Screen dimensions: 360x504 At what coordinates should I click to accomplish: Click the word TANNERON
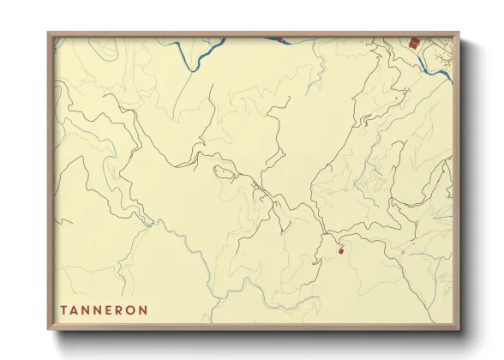point(104,309)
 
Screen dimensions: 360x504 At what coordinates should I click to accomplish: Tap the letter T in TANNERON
point(63,309)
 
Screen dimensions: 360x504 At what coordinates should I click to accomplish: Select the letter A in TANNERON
point(75,309)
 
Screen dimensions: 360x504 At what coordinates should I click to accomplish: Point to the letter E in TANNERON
point(110,309)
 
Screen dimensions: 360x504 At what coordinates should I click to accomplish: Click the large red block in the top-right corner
point(414,42)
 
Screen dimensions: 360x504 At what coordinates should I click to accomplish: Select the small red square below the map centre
point(340,250)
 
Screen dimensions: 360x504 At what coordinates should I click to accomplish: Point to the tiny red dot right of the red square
point(402,251)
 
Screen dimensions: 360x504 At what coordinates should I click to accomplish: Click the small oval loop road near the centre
point(225,172)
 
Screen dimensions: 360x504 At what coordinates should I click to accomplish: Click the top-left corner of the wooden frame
point(49,33)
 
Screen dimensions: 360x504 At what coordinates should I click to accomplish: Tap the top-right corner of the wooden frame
point(460,33)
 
